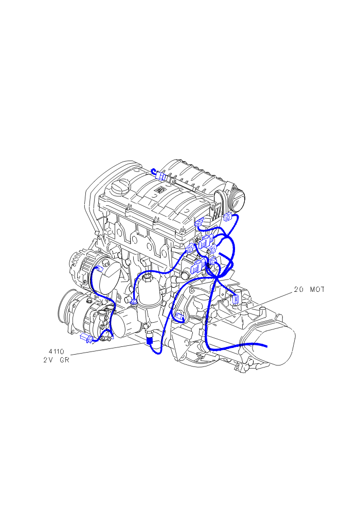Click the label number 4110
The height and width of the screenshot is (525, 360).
[x=56, y=352]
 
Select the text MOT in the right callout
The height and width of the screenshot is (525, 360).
[x=317, y=289]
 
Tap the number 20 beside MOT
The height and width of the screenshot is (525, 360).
[x=299, y=289]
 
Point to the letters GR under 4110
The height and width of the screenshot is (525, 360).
[x=65, y=360]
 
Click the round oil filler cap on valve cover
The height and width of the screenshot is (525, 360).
[x=120, y=187]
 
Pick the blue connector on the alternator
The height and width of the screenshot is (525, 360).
[x=99, y=269]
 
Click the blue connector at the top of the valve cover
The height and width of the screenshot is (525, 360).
[x=161, y=176]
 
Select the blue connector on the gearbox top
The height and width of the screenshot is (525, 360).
[x=236, y=298]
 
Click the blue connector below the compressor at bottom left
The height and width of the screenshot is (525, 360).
[x=86, y=338]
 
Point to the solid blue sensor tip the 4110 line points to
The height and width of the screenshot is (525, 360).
[x=150, y=341]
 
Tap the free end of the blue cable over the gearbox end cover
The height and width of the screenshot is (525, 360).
[x=266, y=346]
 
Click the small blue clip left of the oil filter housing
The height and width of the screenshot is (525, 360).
[x=134, y=302]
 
